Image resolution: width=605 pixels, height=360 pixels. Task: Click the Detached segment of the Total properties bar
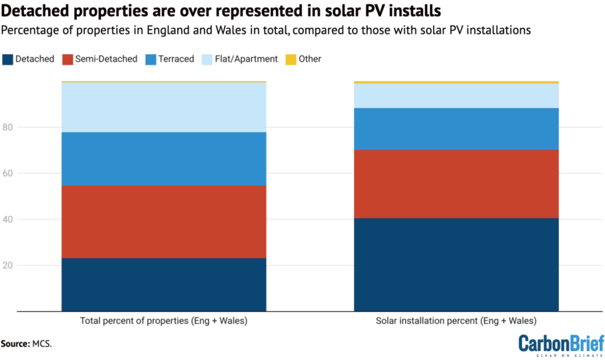coord(164,284)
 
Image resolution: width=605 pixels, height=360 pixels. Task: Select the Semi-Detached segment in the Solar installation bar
coord(456,184)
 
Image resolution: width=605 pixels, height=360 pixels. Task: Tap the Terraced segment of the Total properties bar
coord(164,158)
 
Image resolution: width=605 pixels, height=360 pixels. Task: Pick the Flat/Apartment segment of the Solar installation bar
coord(456,96)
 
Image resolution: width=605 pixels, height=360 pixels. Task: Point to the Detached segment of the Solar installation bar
coord(456,264)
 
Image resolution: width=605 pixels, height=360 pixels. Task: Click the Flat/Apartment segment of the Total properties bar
coord(164,107)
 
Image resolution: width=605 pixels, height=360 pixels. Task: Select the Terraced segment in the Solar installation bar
coord(456,129)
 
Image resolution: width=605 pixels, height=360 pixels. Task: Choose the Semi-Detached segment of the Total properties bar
coord(164,222)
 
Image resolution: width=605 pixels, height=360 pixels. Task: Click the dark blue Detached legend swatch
coord(9,59)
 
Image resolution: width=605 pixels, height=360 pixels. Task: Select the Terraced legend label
coord(175,59)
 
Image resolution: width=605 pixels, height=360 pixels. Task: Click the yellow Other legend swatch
coord(290,59)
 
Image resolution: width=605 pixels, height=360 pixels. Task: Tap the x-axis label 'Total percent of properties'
coord(164,322)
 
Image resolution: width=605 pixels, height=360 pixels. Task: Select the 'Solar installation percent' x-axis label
coord(456,322)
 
